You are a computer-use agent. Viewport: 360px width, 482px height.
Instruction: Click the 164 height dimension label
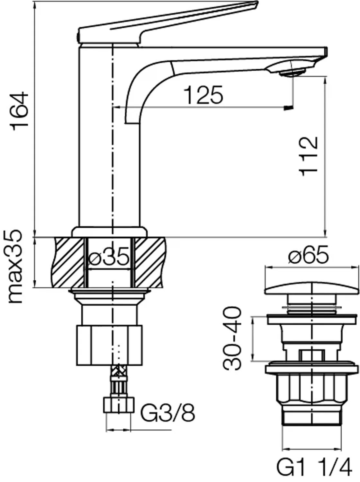point(19,112)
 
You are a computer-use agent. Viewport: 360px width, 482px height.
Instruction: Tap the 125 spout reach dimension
point(203,95)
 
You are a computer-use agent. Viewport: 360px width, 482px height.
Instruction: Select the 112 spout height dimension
point(308,156)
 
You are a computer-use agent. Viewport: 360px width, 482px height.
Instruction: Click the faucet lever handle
point(167,22)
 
